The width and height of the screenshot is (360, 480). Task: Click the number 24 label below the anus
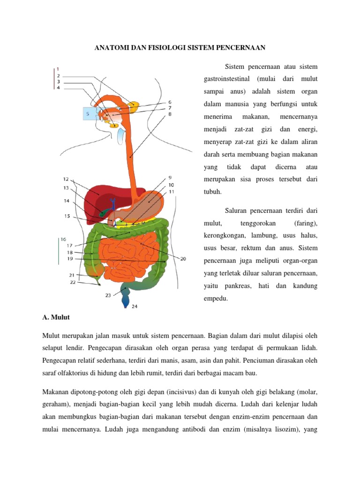(135, 307)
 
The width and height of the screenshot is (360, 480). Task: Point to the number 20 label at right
(183, 258)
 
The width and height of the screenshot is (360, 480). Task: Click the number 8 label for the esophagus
(169, 113)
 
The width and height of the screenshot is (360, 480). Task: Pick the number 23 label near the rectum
(108, 295)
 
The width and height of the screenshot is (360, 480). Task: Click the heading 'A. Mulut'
(56, 317)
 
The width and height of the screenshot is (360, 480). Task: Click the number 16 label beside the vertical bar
(63, 239)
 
